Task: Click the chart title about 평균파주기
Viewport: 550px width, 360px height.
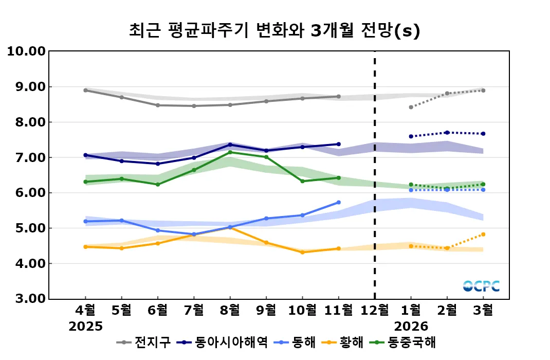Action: pyautogui.click(x=275, y=31)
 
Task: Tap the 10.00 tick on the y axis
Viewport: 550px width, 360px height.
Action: pyautogui.click(x=26, y=51)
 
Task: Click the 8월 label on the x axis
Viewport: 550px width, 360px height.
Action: pyautogui.click(x=230, y=310)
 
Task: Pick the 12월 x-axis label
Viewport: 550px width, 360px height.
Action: pyautogui.click(x=374, y=310)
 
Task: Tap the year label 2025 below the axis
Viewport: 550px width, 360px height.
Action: pyautogui.click(x=86, y=326)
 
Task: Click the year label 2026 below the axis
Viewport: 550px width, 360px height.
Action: pyautogui.click(x=411, y=326)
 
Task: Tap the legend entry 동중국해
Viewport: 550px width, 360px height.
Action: pyautogui.click(x=412, y=343)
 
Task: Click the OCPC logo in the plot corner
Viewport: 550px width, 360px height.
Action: pyautogui.click(x=481, y=286)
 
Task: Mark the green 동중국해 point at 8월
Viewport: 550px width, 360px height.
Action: pyautogui.click(x=230, y=152)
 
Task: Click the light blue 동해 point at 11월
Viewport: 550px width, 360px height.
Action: pyautogui.click(x=338, y=203)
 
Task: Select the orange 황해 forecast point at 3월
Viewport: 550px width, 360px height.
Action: pyautogui.click(x=483, y=235)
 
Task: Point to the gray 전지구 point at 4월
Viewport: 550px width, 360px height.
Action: pyautogui.click(x=85, y=90)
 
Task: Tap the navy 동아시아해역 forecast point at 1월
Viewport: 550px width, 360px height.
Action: pyautogui.click(x=411, y=136)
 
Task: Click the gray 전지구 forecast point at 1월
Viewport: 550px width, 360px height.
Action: pyautogui.click(x=411, y=107)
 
